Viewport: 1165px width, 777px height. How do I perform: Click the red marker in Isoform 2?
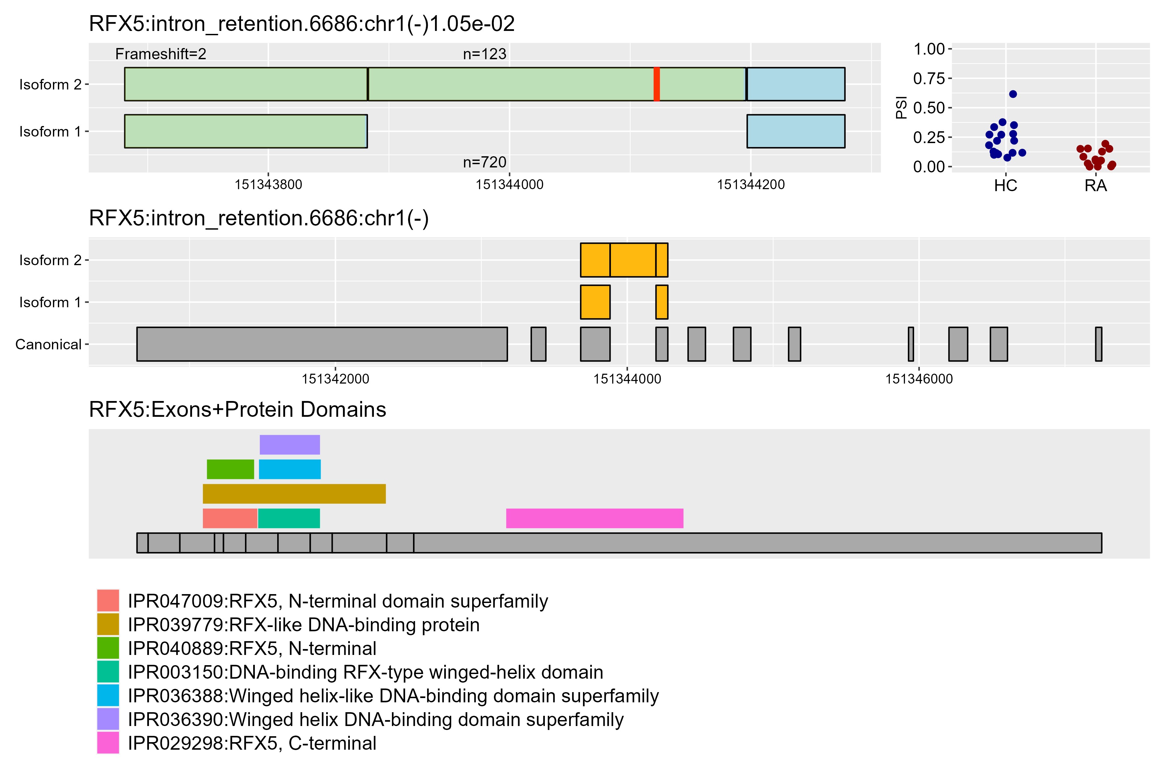click(x=656, y=84)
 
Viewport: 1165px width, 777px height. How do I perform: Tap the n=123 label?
click(x=484, y=54)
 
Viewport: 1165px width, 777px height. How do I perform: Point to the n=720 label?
click(x=484, y=162)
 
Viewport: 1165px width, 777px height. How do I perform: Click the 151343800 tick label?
click(x=268, y=185)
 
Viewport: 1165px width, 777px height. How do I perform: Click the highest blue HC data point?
click(x=1013, y=94)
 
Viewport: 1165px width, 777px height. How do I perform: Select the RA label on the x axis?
click(x=1096, y=186)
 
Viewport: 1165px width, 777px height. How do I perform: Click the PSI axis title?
click(x=902, y=108)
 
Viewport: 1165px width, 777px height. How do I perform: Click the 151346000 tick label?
click(x=919, y=379)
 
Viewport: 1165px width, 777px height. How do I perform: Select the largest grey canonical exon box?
click(x=322, y=344)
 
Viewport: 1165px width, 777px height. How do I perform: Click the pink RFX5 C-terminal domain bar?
click(x=595, y=518)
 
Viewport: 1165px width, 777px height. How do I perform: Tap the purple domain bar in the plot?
click(x=290, y=444)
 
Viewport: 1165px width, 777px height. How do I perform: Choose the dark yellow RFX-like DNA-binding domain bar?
click(x=294, y=493)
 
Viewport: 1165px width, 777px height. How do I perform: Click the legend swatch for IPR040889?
click(x=108, y=648)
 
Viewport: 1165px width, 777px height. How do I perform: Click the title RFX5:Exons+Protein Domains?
click(x=237, y=410)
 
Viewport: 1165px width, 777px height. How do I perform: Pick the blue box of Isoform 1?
click(x=795, y=131)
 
